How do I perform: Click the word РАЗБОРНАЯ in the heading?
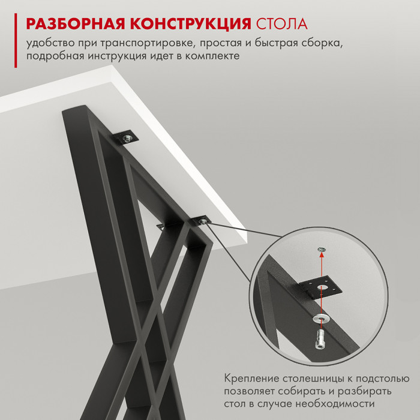click(x=76, y=23)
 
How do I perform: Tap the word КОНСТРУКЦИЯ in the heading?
click(x=191, y=24)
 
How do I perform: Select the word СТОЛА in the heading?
click(x=282, y=24)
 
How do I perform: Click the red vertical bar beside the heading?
click(x=16, y=40)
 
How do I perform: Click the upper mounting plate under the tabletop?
click(x=125, y=138)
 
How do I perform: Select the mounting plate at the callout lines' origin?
click(x=202, y=221)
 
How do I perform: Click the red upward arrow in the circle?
click(x=322, y=293)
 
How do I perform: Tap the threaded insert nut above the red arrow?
click(x=322, y=250)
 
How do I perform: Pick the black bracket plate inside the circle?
click(x=320, y=289)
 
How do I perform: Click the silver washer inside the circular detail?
click(x=321, y=319)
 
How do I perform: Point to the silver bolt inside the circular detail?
click(x=320, y=339)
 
